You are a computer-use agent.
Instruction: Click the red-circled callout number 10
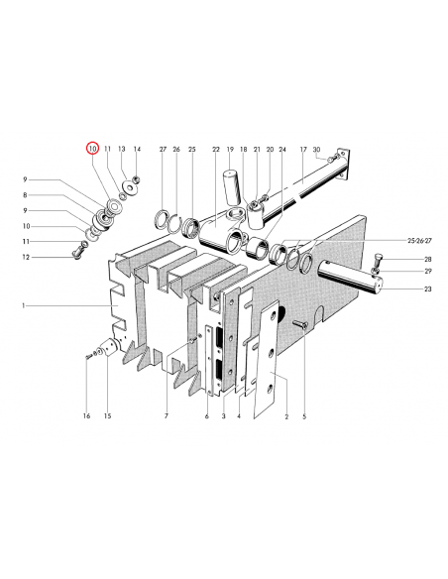pos(92,149)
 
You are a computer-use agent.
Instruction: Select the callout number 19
pos(230,150)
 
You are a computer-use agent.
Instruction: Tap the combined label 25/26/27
pos(419,241)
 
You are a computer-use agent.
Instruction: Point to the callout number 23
pos(427,289)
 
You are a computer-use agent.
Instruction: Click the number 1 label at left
pos(23,305)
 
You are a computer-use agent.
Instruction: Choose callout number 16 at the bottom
pos(86,416)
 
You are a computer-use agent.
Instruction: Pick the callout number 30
pos(316,150)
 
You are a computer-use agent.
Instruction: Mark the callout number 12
pos(26,258)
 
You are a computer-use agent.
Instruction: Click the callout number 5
pos(304,416)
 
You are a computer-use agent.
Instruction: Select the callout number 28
pos(428,259)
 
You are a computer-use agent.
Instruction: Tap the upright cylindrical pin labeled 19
pos(231,187)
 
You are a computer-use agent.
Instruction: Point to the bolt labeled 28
pos(378,261)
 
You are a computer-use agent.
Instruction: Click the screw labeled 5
pos(300,324)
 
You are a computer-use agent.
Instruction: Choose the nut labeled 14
pos(137,179)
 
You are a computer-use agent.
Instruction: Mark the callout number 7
pos(167,416)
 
